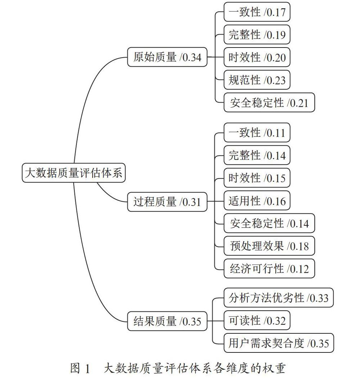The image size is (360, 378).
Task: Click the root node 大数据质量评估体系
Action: (73, 172)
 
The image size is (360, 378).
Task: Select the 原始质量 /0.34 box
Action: (167, 57)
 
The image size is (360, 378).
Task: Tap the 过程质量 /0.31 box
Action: (167, 202)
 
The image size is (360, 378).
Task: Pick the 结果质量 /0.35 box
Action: (167, 321)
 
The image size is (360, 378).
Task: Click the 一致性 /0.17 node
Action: (257, 12)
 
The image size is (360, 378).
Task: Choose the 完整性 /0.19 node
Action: (257, 35)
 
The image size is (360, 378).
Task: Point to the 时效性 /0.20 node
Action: (257, 57)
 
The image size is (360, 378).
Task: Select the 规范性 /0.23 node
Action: (257, 80)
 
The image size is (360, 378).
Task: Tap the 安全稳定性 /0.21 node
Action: (269, 103)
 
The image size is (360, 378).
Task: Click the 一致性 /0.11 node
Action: (257, 132)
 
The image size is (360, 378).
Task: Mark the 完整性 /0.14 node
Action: (257, 155)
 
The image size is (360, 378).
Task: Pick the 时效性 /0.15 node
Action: (257, 178)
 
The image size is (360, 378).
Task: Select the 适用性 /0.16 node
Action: (257, 201)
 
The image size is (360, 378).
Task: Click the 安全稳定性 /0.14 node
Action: (269, 223)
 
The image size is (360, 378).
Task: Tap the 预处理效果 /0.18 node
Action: (269, 246)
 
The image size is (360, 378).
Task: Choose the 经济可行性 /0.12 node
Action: (269, 269)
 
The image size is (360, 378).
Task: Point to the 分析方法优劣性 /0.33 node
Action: (279, 298)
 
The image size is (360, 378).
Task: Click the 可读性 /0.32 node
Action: (257, 320)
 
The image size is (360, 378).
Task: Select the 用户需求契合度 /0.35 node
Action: (279, 343)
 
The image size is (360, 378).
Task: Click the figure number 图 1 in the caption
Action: (80, 368)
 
